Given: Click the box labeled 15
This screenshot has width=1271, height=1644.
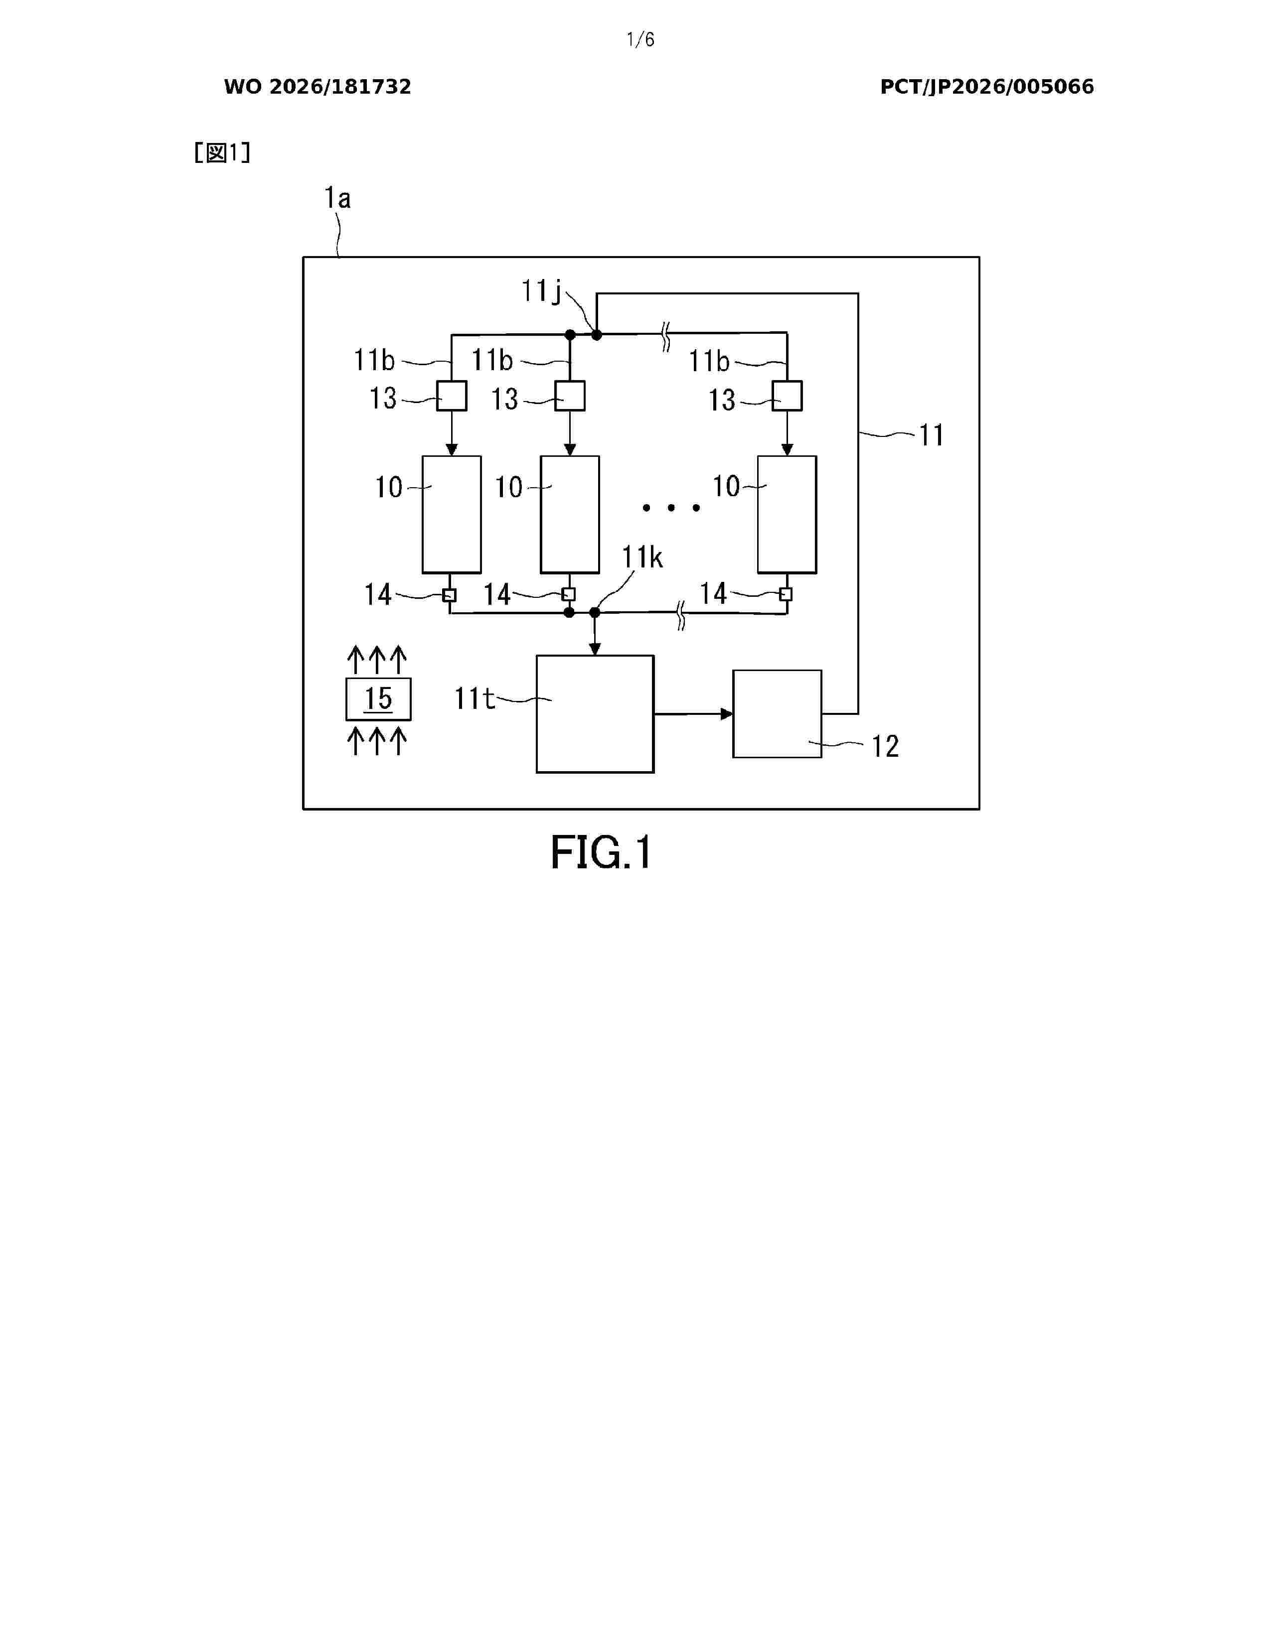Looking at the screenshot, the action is tap(378, 698).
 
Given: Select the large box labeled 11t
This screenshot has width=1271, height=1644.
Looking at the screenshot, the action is tap(595, 713).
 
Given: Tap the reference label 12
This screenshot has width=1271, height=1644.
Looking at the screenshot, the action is tap(886, 746).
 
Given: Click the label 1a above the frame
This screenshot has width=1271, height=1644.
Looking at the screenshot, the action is tap(337, 198).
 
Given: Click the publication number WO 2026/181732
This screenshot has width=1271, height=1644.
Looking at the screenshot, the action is tap(318, 87).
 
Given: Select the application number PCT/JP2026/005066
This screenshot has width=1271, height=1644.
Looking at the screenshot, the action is tap(987, 87).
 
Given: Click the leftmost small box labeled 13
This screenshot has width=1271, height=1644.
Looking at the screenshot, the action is tap(452, 395).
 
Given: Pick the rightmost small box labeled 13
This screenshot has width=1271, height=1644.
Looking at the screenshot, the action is tap(787, 395).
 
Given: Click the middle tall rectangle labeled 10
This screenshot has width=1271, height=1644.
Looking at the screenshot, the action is tap(570, 514).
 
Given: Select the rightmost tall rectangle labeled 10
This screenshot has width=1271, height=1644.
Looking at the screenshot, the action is tap(787, 514).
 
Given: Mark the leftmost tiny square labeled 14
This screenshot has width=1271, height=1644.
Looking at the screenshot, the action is tap(450, 595).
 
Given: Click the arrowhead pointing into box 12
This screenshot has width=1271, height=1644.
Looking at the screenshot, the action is tap(727, 713).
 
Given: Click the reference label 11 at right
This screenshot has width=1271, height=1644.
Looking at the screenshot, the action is tap(932, 435).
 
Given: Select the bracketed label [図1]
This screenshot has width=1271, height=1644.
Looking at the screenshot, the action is tap(222, 153).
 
